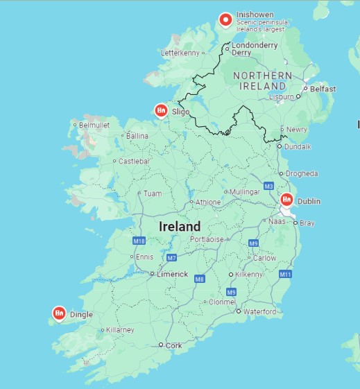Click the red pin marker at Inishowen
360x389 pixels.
pos(225,20)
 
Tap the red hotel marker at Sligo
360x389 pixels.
pos(161,110)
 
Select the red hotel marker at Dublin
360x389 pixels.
pos(286,200)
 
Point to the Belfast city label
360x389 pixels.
pos(323,89)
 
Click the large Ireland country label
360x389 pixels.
pos(180,227)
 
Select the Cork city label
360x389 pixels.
pos(174,345)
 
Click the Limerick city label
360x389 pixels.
pos(173,274)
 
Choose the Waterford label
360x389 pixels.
pos(259,312)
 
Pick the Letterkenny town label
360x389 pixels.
pos(180,53)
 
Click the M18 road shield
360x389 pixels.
pos(138,241)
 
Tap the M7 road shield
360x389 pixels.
pos(171,257)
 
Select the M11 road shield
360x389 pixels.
pos(285,275)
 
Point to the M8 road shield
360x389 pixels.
pos(200,279)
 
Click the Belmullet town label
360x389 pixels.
pos(95,125)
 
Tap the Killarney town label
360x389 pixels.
pos(119,330)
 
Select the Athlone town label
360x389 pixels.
pos(208,202)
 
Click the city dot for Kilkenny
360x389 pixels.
pos(231,275)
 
